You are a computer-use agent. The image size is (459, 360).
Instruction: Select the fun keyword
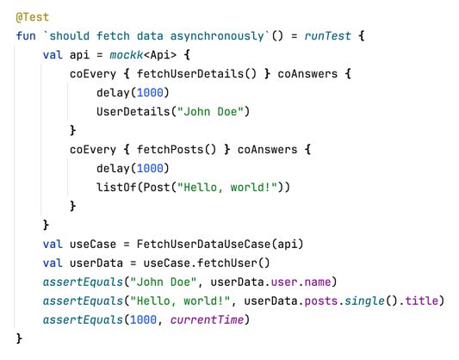pos(26,36)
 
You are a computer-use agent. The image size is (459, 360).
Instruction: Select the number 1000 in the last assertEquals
pos(143,320)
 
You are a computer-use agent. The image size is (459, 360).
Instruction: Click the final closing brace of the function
pos(20,339)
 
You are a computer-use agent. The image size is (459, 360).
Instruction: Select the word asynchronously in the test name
pos(214,36)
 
